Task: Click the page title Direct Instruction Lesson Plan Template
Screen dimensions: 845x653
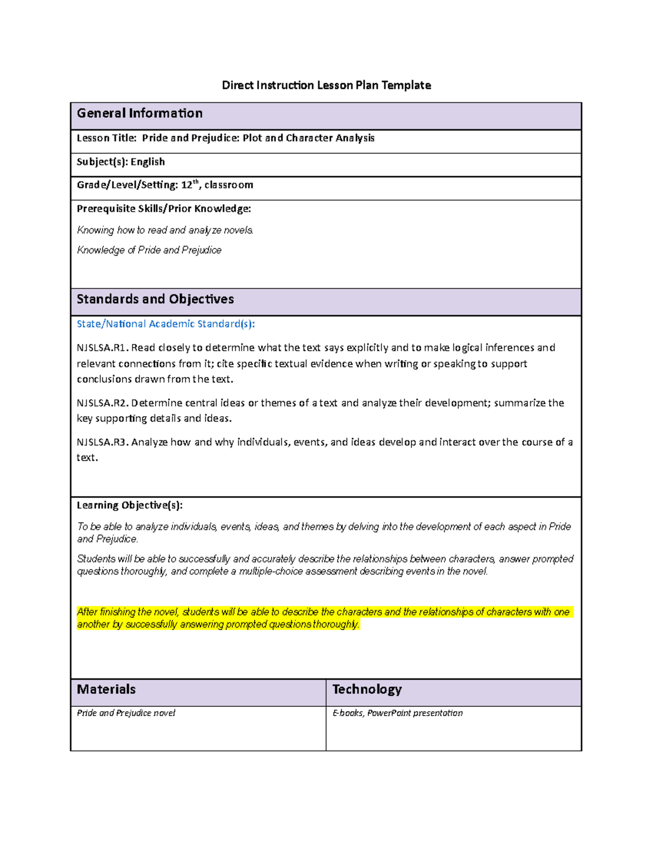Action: (326, 85)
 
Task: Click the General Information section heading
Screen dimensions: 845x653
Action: (140, 113)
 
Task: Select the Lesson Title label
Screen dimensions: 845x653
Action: (107, 138)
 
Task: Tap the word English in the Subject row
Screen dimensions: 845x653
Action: (147, 162)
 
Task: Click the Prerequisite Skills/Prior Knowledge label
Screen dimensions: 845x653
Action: (164, 209)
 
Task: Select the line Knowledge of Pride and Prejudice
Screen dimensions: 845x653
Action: (149, 250)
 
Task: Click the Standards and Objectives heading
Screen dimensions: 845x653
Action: (155, 299)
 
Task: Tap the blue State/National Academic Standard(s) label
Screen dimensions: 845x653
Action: (165, 324)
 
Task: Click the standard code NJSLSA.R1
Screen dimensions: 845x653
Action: (102, 348)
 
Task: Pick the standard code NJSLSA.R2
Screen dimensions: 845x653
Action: (102, 403)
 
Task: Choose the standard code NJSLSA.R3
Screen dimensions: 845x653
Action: (102, 442)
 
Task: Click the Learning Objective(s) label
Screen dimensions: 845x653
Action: (130, 505)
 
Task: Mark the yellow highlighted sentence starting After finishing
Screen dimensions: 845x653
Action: (323, 618)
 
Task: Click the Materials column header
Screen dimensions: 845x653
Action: (106, 689)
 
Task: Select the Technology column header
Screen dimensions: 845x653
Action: (367, 689)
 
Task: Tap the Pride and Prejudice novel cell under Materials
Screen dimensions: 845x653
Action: (126, 713)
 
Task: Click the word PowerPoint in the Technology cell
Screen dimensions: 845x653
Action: (389, 713)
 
